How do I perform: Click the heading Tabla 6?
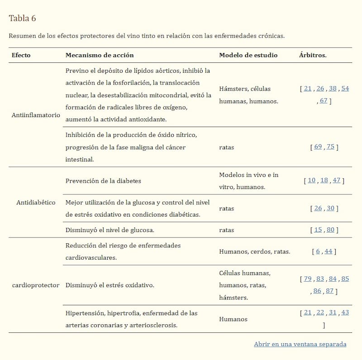22,19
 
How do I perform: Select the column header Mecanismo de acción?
100,55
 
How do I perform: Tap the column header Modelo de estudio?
248,55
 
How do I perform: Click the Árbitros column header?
313,55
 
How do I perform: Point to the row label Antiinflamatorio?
36,115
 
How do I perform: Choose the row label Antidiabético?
36,202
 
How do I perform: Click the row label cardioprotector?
36,285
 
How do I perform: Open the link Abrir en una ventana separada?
300,344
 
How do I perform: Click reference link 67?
323,101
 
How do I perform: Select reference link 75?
330,147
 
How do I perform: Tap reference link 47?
336,180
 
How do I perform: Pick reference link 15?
318,230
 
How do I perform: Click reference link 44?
329,251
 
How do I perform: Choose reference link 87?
329,291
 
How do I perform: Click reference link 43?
345,313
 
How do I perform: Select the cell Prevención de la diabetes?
103,181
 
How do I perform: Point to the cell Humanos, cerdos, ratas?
254,251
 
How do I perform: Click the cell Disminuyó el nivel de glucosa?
110,230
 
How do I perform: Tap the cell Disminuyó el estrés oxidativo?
110,285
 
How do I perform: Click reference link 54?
345,89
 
